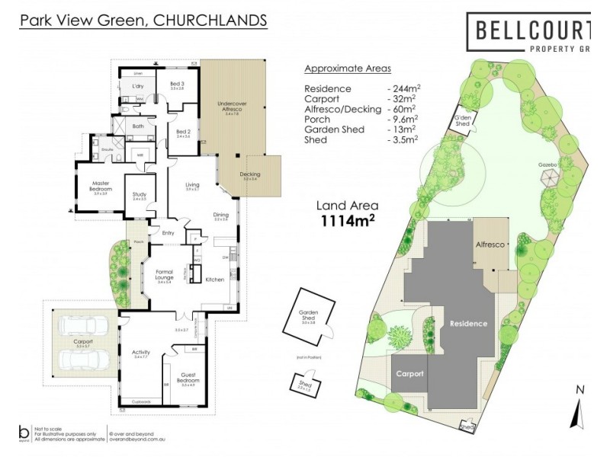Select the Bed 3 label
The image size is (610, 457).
[x=177, y=85]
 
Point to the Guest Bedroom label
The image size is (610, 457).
[x=187, y=379]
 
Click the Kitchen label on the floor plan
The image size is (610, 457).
[x=215, y=280]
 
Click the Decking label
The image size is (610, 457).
[x=250, y=174]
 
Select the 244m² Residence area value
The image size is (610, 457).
[x=405, y=88]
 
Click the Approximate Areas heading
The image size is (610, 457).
[x=348, y=68]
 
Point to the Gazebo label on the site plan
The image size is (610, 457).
[x=547, y=165]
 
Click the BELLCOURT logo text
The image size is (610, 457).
[x=532, y=30]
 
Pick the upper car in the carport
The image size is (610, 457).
[x=83, y=326]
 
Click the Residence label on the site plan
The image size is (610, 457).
[x=467, y=323]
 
